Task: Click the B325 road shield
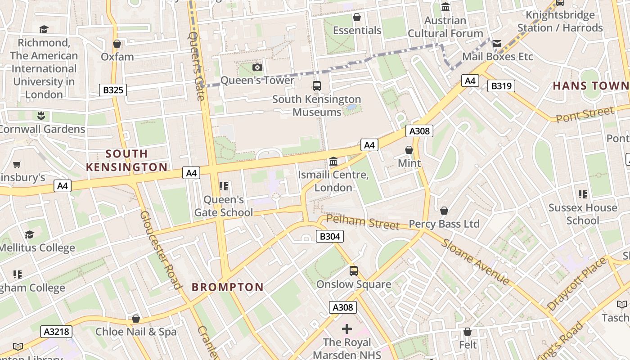(113, 90)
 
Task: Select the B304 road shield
(329, 236)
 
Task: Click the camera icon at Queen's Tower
(257, 67)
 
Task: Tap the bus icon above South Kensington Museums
(317, 86)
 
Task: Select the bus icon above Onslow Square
(354, 271)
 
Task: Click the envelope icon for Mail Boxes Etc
(497, 44)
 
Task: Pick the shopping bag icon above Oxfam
(117, 44)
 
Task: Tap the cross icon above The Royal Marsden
(347, 329)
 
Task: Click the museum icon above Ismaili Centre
(333, 161)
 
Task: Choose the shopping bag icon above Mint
(409, 150)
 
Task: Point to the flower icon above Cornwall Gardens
(41, 116)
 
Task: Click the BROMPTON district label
(228, 287)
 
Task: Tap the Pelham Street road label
(363, 222)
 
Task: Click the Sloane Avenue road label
(475, 262)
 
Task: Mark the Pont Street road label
(585, 114)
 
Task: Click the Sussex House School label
(583, 214)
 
